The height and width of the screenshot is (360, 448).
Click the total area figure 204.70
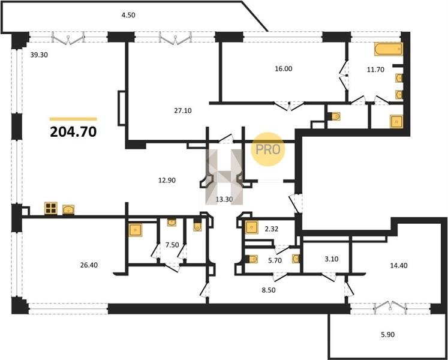coord(73,132)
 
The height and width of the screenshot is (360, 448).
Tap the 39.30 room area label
coord(39,55)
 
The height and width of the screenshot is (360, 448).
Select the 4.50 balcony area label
coord(128,15)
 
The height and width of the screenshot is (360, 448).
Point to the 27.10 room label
coord(183,110)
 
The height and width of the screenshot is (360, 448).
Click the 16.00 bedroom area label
coord(284,68)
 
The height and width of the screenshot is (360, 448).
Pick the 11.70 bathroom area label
coord(375,69)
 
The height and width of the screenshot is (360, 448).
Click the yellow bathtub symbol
coord(389,49)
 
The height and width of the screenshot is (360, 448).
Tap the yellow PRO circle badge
coord(268,149)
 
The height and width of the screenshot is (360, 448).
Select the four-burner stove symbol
coord(51,208)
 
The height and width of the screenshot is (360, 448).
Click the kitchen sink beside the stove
coord(68,209)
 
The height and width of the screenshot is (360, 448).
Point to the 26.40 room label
coord(89,265)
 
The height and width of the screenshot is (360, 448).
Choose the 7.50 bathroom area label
coord(172,245)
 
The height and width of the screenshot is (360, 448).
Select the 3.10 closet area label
coord(332,259)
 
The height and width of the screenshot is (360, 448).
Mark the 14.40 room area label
coord(399,265)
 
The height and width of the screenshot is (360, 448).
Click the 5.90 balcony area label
coord(387,334)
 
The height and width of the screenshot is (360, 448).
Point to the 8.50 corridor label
coord(269,290)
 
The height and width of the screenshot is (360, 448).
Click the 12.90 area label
coord(167,180)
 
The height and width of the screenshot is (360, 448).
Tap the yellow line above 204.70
coord(73,119)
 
